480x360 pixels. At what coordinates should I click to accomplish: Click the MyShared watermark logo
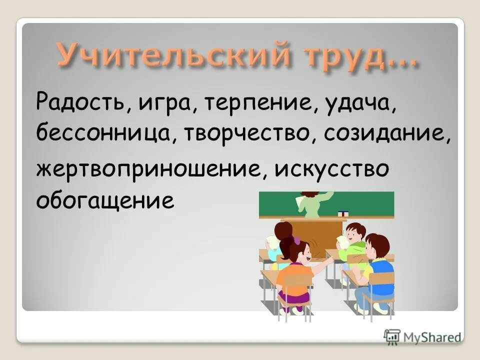pyautogui.click(x=422, y=335)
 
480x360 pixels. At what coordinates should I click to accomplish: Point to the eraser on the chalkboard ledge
pyautogui.click(x=342, y=213)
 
